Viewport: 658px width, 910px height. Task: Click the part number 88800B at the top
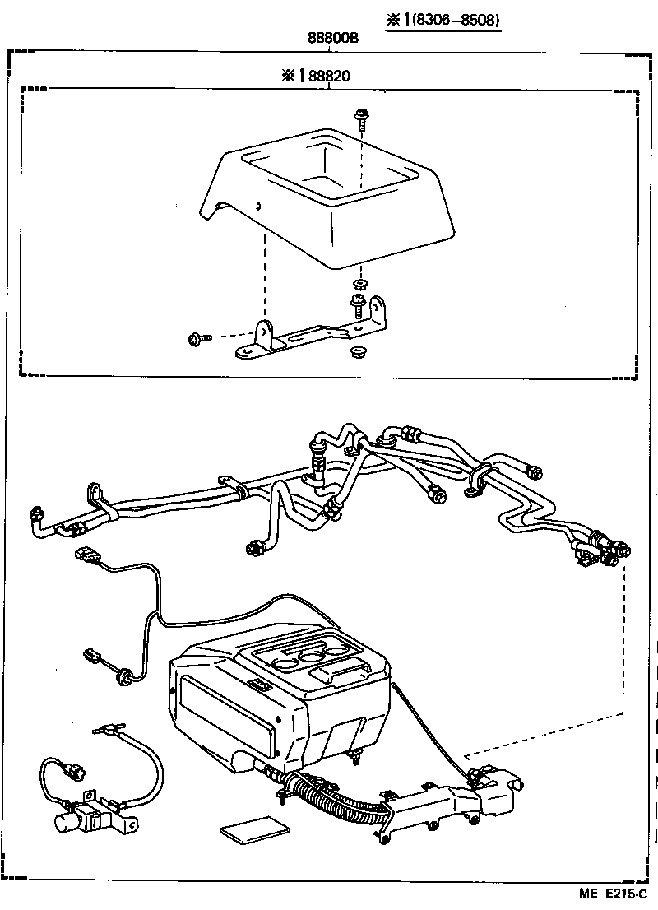click(332, 38)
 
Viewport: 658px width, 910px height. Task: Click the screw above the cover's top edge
click(360, 119)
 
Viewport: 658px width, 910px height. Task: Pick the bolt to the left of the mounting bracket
click(197, 337)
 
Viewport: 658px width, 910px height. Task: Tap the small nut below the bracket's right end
click(358, 353)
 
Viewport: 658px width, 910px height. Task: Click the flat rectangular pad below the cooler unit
click(254, 829)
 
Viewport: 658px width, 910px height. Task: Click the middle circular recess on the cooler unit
click(312, 656)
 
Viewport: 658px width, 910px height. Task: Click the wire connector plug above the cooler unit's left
click(85, 554)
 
